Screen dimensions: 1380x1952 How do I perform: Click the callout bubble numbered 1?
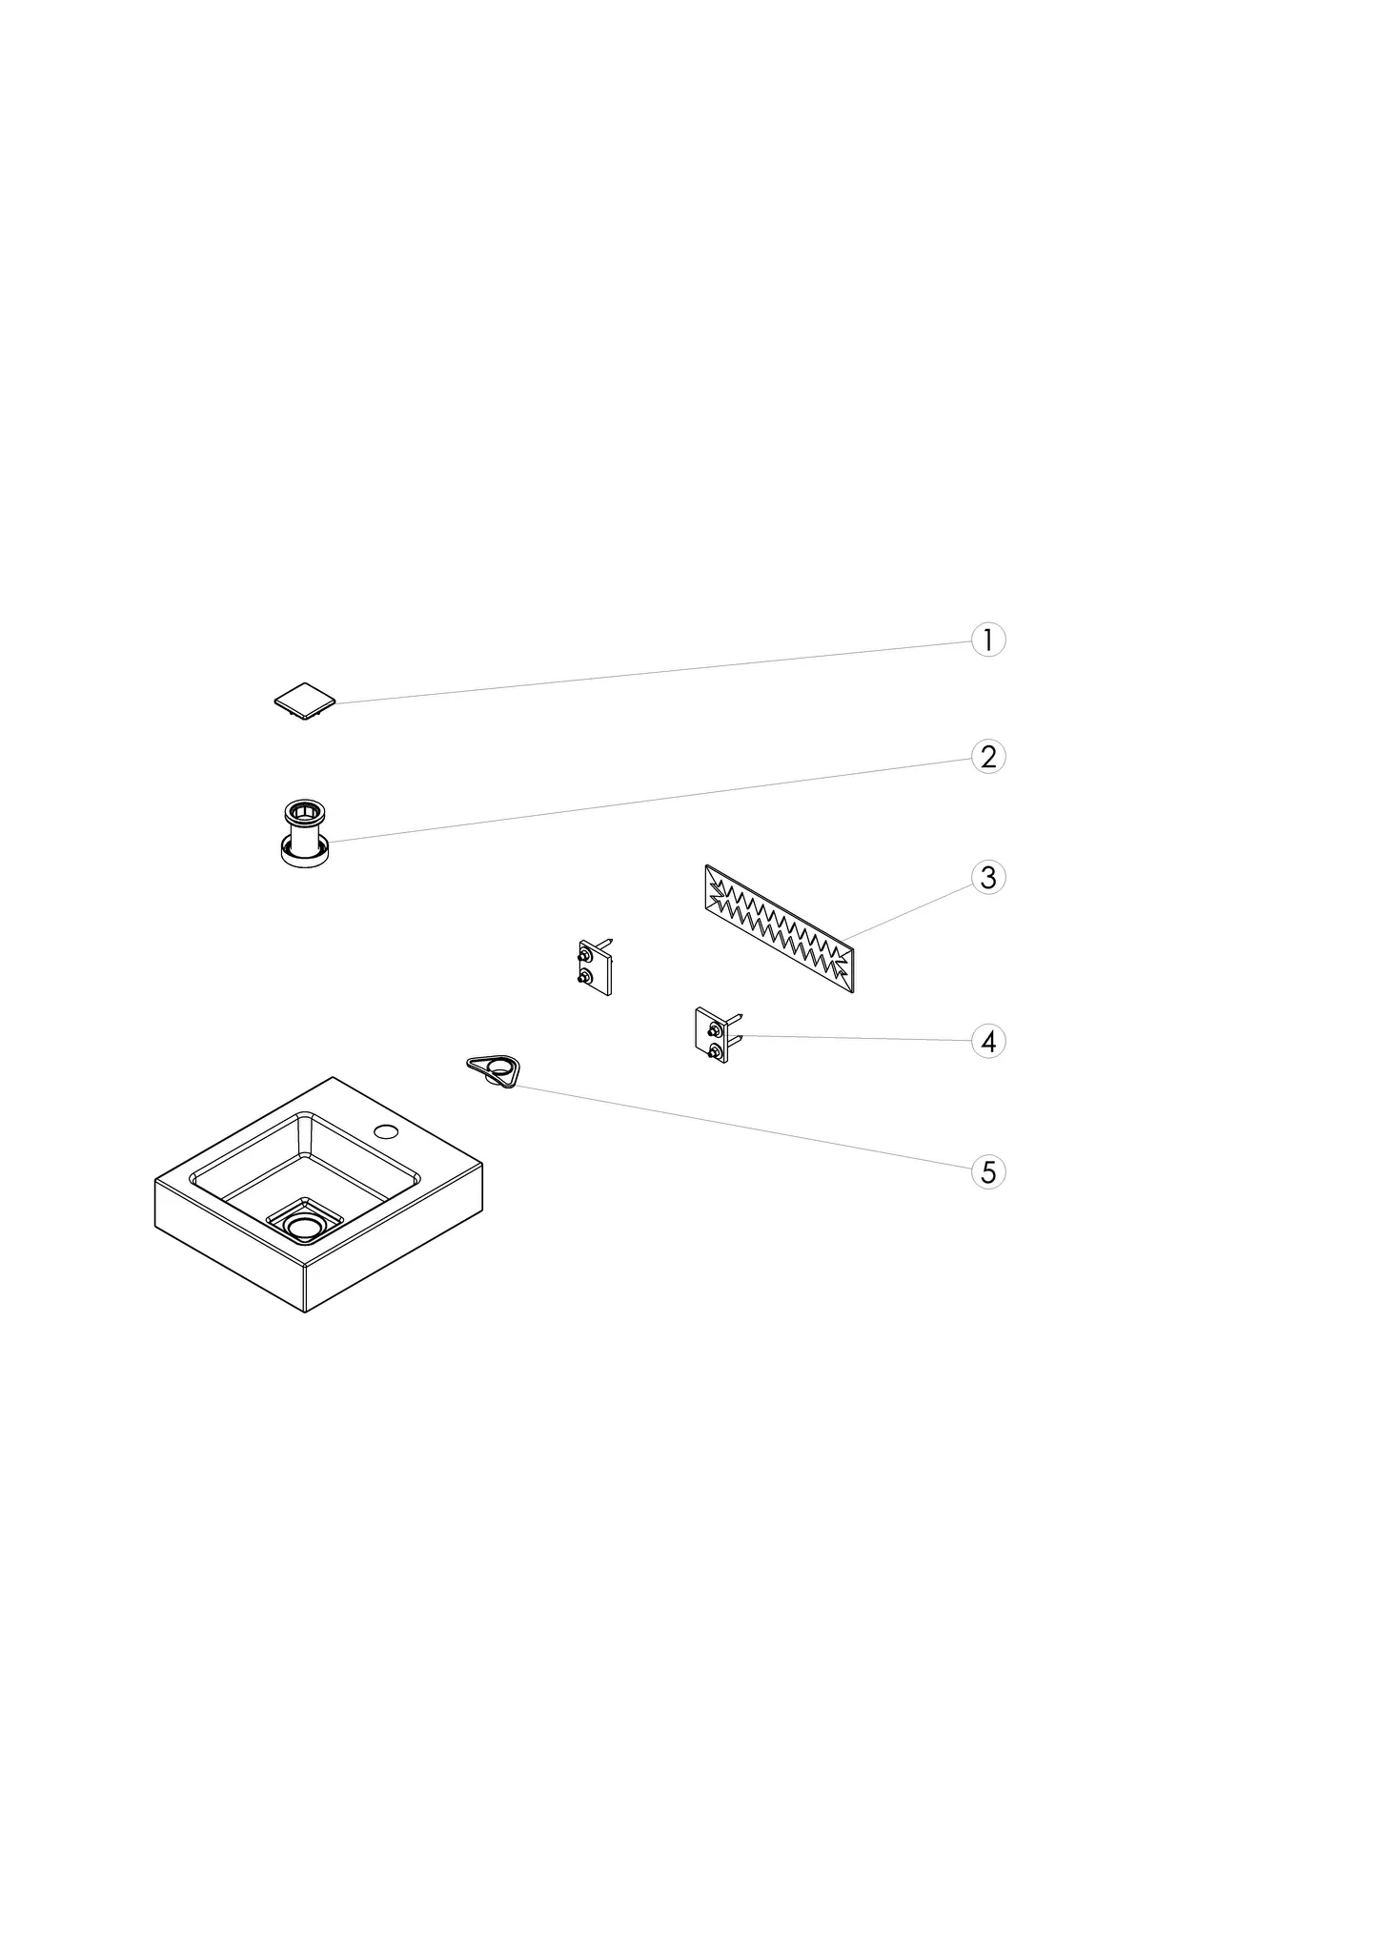(x=988, y=640)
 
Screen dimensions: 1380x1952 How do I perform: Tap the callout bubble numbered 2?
(x=988, y=756)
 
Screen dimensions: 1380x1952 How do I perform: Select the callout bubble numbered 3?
(x=988, y=877)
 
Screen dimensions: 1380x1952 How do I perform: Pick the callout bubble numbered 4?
(x=988, y=1041)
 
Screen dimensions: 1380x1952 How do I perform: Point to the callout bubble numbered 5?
(x=988, y=1171)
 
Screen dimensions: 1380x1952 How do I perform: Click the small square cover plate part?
(x=305, y=701)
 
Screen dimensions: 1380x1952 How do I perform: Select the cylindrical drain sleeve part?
(x=305, y=833)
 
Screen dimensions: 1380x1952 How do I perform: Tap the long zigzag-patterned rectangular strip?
(x=779, y=928)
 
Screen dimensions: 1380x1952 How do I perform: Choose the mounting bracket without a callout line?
(x=595, y=966)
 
